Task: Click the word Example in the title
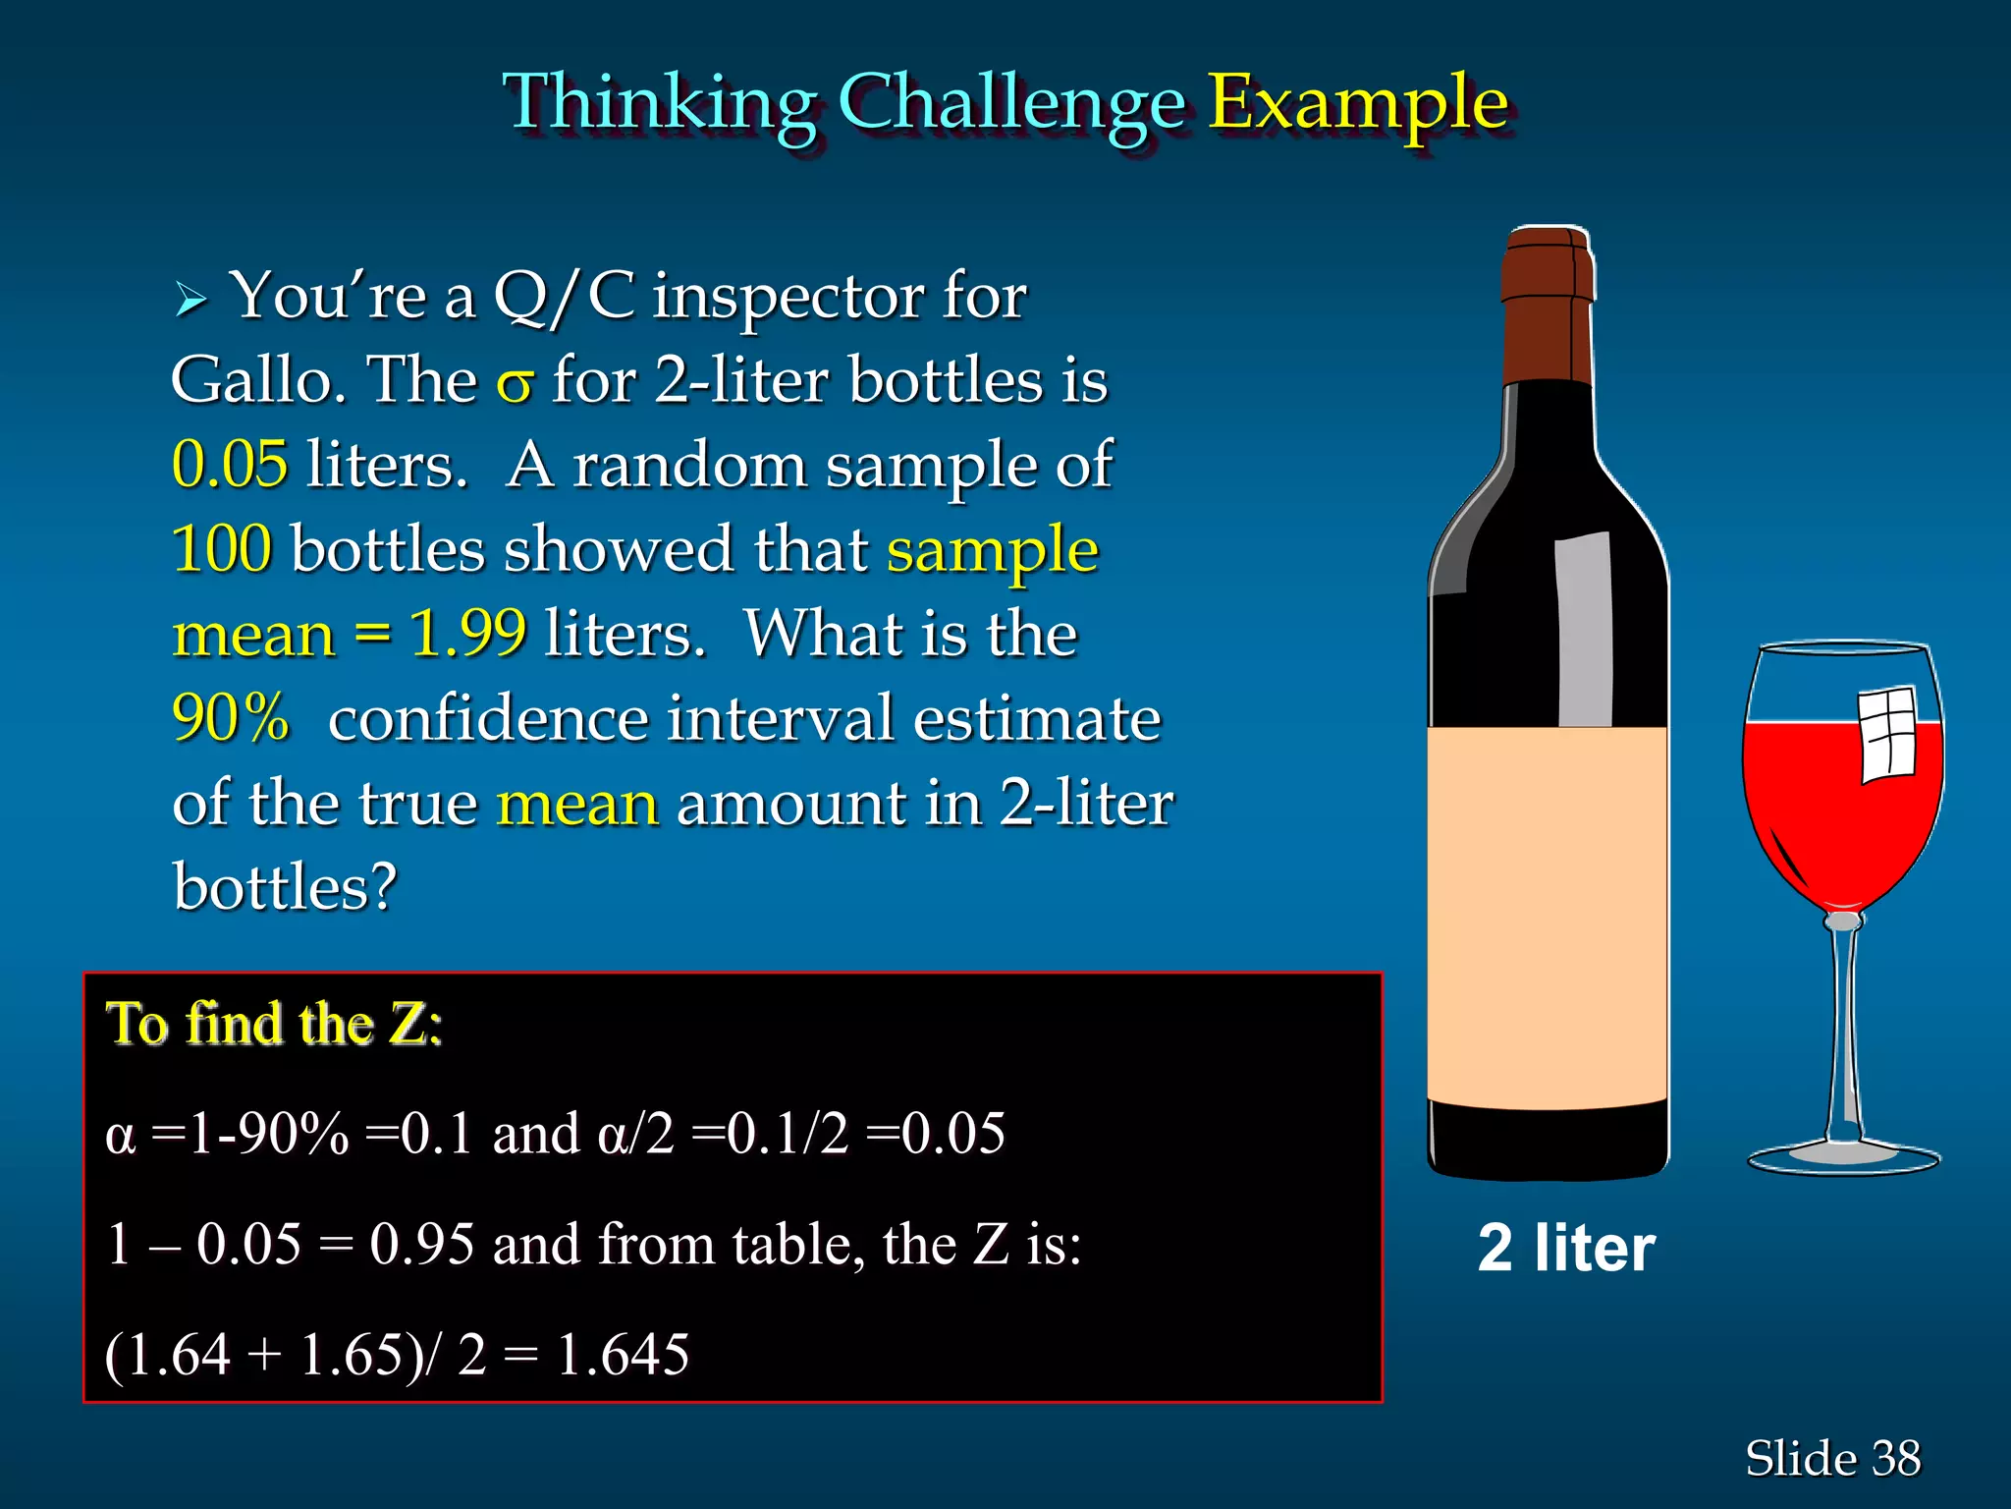click(x=1357, y=103)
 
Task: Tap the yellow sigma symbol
click(x=515, y=383)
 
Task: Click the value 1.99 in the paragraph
click(x=467, y=633)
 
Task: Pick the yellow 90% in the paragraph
click(x=231, y=717)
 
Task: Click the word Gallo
click(x=257, y=381)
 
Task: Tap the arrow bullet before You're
click(x=190, y=299)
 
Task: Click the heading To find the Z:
click(x=274, y=1024)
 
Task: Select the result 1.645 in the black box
click(x=623, y=1355)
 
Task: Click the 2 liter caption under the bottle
click(x=1566, y=1249)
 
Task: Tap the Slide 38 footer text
click(x=1832, y=1458)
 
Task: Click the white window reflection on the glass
click(x=1887, y=735)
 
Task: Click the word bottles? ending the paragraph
click(x=285, y=887)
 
